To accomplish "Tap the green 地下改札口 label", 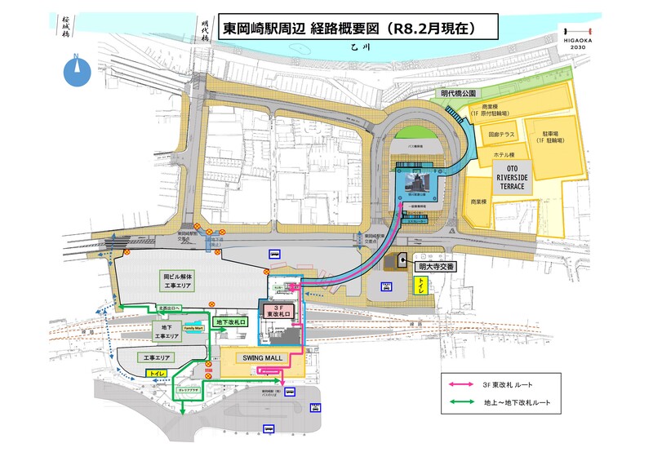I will tap(232, 323).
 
